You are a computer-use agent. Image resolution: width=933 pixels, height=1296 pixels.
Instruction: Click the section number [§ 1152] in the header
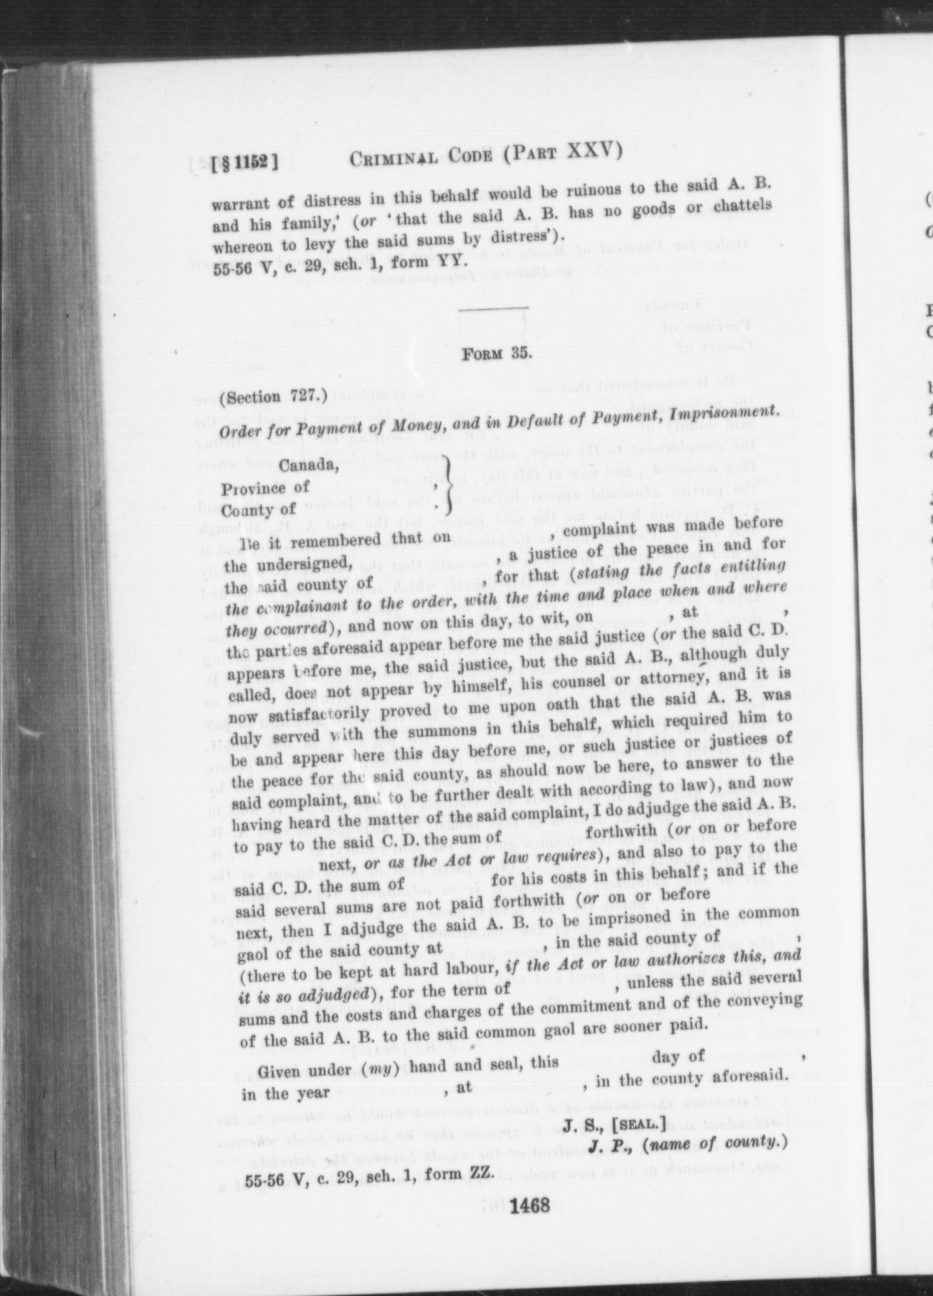click(245, 163)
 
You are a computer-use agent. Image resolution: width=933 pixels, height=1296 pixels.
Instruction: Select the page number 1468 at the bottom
click(528, 1205)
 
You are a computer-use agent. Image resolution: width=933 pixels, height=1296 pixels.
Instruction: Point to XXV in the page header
click(593, 150)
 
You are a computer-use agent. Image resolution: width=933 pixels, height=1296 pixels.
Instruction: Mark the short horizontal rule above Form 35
click(493, 307)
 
